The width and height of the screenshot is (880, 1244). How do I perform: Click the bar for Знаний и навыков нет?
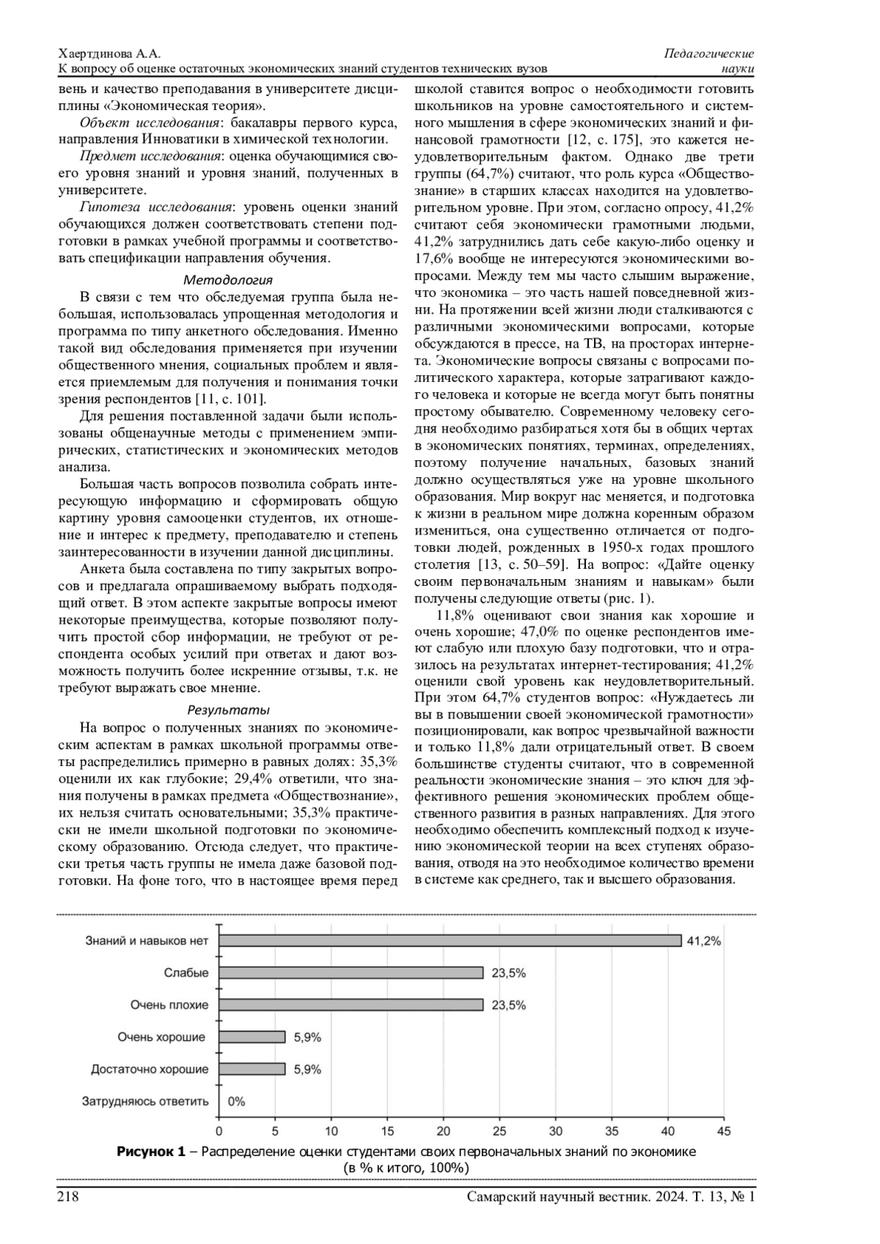point(450,941)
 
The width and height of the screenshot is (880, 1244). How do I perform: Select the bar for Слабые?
point(351,973)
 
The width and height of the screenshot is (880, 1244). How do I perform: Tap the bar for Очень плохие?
point(351,1005)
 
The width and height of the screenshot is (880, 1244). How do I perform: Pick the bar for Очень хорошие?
point(252,1037)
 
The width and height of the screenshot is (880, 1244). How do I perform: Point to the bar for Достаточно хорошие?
point(252,1070)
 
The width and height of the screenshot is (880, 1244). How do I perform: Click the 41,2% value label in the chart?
point(703,941)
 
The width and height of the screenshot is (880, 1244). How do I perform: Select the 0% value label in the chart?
point(236,1102)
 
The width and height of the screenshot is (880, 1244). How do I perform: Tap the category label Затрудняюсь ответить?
point(145,1102)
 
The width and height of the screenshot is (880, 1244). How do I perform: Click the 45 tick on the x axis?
point(724,1132)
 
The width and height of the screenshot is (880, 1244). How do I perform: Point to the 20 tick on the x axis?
point(444,1132)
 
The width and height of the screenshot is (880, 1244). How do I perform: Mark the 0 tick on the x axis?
point(219,1132)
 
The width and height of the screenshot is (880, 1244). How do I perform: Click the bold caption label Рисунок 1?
point(151,1152)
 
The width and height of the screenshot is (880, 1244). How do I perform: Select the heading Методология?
point(228,280)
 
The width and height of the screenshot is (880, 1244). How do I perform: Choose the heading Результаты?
point(228,710)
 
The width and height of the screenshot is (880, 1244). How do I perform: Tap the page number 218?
point(68,1197)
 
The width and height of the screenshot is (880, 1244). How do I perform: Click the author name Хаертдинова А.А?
point(109,55)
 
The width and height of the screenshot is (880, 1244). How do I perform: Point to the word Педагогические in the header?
point(709,54)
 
